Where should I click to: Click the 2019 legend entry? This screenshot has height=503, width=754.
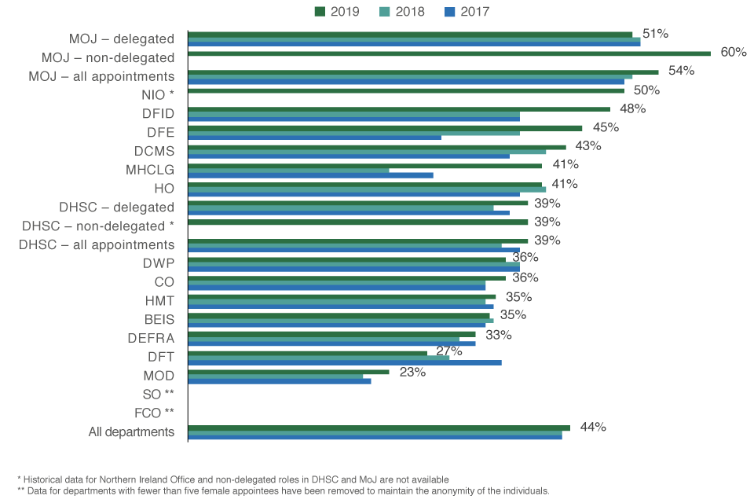pos(338,12)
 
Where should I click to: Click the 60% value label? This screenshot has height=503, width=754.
pos(733,52)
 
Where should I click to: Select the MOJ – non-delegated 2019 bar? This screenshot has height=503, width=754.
pos(448,53)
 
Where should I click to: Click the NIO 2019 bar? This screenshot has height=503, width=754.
pos(405,90)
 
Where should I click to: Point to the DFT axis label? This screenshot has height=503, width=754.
pos(160,358)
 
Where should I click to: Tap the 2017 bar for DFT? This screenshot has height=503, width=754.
pos(344,362)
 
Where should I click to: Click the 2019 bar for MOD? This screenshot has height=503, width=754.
pos(288,372)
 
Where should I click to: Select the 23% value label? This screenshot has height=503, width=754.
pos(412,372)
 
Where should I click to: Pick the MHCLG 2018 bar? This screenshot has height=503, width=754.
pos(288,170)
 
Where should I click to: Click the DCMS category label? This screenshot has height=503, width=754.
pos(153,150)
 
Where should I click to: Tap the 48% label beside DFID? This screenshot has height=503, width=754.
pos(632,108)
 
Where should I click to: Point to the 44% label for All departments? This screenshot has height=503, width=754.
pos(593,427)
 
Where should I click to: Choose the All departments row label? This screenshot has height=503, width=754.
pos(131,431)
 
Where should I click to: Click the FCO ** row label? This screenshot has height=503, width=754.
pos(154,413)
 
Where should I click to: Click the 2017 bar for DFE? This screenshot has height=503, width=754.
pos(314,137)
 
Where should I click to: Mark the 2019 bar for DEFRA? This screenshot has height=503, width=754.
pos(331,334)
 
